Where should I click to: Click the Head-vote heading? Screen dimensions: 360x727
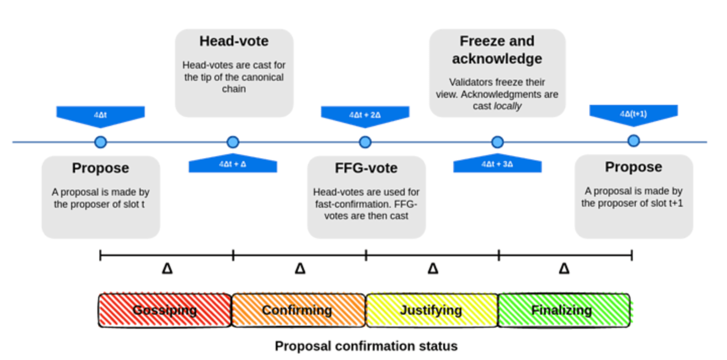pos(234,41)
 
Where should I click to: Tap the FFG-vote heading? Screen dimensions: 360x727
pos(366,168)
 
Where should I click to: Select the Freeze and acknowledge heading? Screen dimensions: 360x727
pos(497,50)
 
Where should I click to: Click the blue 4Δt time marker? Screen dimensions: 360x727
pos(100,115)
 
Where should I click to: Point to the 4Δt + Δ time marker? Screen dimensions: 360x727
pos(232,164)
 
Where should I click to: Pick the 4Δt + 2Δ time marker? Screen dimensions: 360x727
pos(365,115)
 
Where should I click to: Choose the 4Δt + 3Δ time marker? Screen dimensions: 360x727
pos(497,164)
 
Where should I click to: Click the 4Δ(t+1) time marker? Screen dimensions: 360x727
pos(633,114)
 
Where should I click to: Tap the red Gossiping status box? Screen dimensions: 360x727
pos(165,310)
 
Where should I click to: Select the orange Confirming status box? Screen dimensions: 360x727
pos(297,310)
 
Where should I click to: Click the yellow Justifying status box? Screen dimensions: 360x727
pos(431,310)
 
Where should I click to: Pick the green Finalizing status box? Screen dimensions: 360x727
pos(563,310)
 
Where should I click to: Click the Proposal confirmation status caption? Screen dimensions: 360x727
pos(366,346)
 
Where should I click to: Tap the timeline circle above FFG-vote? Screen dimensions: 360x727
pos(365,142)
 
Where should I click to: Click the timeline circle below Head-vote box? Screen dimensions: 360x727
pos(232,142)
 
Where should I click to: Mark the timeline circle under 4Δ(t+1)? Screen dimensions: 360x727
pos(633,141)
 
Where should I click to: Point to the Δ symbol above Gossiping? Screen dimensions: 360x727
pos(167,269)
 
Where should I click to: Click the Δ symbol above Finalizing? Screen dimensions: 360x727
pos(564,269)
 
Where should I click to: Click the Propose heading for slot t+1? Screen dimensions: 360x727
pos(633,167)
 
